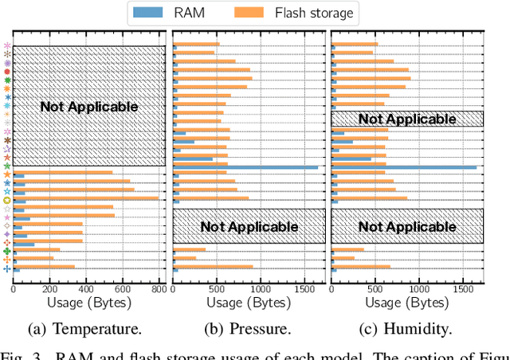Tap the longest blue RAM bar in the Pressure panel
245,167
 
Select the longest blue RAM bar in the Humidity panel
404,167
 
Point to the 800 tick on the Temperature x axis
159,291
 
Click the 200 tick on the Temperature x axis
50,291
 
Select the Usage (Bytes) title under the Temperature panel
89,303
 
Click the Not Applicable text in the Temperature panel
89,107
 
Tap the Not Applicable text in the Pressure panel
249,226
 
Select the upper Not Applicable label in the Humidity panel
407,119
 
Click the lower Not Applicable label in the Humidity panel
407,226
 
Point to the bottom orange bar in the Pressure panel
214,267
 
